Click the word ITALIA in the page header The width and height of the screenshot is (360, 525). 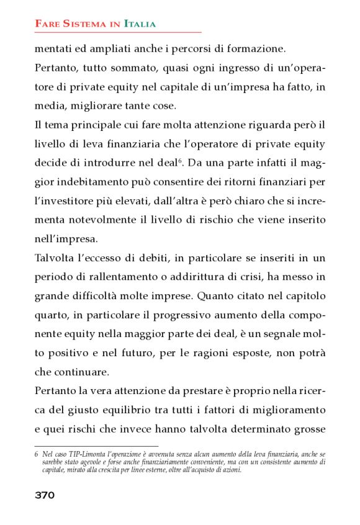[x=140, y=24]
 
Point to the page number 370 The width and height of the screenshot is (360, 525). [x=45, y=495]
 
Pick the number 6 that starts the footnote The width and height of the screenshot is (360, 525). [x=37, y=454]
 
